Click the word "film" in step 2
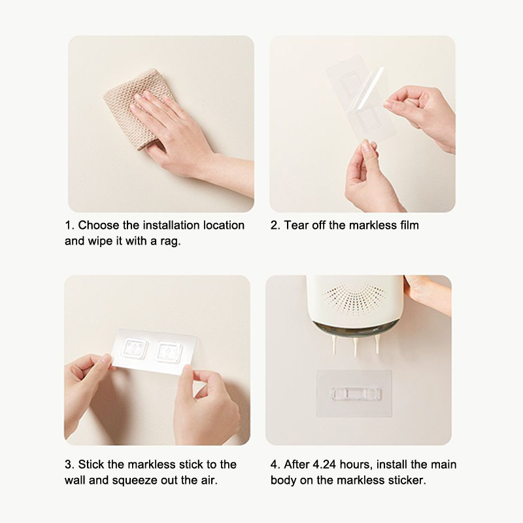coord(409,225)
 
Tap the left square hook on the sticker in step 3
coord(135,348)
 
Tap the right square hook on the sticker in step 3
coord(169,352)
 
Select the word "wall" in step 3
coord(75,481)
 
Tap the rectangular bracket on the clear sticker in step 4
coord(356,394)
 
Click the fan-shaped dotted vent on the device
coord(355,297)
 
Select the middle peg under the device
coord(356,346)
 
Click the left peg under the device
coord(335,345)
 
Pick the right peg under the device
coord(377,345)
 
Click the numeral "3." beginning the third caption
coord(69,464)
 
